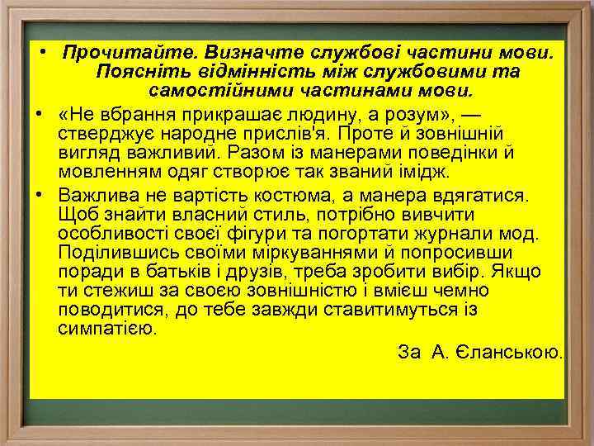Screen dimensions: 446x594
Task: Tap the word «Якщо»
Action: pos(518,273)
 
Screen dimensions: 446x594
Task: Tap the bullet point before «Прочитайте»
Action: pos(40,53)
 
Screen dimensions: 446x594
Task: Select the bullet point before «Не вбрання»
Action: pos(40,112)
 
